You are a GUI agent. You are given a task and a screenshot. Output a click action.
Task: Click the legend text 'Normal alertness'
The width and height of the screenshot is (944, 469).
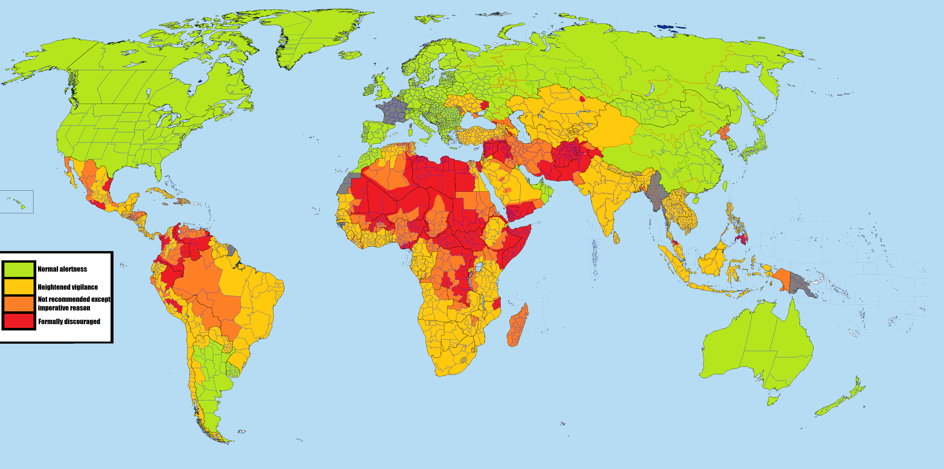(x=62, y=269)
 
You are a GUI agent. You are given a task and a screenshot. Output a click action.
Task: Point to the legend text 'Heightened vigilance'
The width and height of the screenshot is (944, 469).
(x=68, y=287)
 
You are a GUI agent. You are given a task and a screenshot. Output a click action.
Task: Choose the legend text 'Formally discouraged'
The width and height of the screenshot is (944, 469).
(x=69, y=322)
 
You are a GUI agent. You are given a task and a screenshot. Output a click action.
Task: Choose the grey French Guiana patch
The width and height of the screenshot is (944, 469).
(x=231, y=250)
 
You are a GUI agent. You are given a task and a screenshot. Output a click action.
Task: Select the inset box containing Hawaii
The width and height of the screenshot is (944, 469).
(x=17, y=202)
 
